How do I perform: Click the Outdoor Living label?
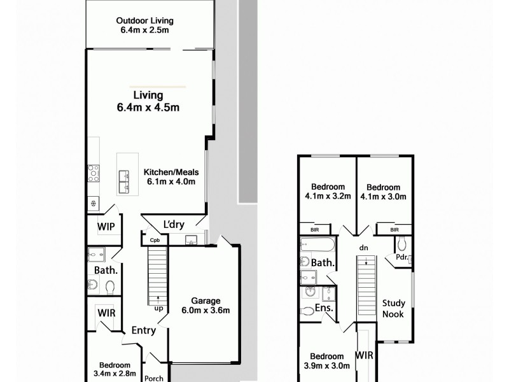146,25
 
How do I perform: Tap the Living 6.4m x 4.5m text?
148,101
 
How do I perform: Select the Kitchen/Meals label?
171,176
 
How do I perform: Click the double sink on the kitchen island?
123,183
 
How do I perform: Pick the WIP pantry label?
106,226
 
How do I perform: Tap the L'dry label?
174,225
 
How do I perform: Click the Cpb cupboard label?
155,241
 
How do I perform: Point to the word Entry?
144,330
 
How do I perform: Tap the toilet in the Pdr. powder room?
401,244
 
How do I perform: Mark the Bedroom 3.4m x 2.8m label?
115,369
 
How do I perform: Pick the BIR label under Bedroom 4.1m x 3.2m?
315,229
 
